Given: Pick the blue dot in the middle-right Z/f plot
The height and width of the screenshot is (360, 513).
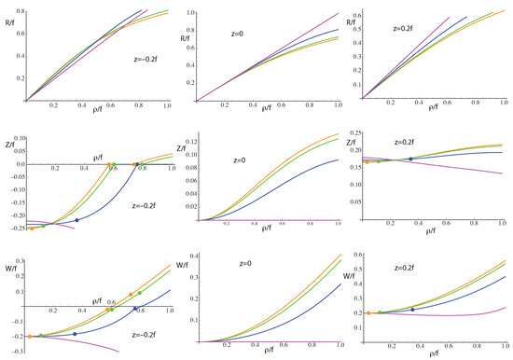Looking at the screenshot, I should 410,159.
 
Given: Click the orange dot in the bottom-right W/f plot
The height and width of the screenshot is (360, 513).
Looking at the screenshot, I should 368,313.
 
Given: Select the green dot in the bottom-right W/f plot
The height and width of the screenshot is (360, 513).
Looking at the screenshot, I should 380,312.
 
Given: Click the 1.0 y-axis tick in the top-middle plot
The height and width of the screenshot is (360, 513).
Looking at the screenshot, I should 190,10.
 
